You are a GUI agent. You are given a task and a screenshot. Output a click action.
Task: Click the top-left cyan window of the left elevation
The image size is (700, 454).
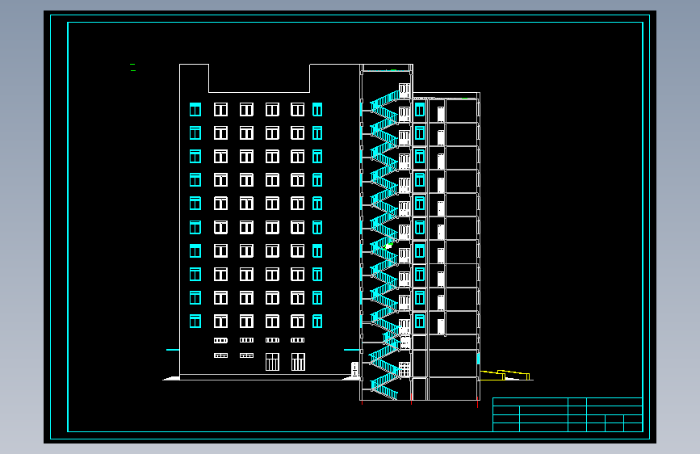[x=195, y=109]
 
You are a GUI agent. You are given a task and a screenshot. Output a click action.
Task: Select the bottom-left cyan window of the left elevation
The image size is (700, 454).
[x=195, y=322]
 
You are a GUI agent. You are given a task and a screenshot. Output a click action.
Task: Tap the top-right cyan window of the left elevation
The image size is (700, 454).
[x=317, y=109]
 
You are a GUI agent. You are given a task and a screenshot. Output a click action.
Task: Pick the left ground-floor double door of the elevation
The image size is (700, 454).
[x=272, y=361]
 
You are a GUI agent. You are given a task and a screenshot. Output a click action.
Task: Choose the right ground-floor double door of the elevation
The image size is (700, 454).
[x=298, y=361]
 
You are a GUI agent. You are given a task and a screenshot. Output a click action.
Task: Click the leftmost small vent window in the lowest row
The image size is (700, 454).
[x=220, y=355]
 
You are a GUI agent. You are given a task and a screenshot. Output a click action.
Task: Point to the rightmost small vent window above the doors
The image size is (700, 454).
[x=298, y=340]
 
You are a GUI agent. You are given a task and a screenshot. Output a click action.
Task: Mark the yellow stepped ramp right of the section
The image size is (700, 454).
[x=505, y=374]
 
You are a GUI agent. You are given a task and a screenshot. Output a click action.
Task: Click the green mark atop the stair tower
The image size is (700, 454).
[x=393, y=70]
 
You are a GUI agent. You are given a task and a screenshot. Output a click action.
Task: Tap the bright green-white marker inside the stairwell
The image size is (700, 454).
[x=388, y=246]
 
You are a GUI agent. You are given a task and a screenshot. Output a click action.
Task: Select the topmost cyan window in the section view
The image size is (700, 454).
[x=419, y=109]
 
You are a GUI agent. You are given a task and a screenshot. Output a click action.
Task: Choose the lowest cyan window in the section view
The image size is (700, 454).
[x=419, y=322]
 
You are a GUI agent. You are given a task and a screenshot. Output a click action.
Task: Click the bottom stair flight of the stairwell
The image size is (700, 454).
[x=384, y=389]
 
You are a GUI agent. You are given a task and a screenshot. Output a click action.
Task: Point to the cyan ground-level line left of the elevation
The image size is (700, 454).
[x=172, y=350]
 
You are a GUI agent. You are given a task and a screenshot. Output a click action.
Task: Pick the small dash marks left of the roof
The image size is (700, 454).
[x=132, y=68]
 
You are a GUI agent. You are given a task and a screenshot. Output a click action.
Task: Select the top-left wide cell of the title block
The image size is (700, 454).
[x=530, y=401]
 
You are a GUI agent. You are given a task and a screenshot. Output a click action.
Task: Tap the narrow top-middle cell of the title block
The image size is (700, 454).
[x=577, y=401]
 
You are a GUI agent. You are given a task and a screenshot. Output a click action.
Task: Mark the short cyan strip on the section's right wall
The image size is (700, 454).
[x=478, y=357]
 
